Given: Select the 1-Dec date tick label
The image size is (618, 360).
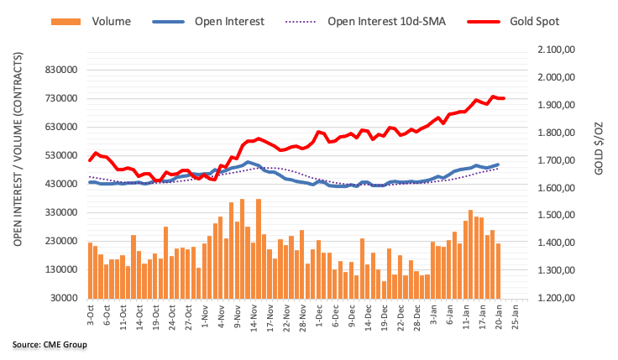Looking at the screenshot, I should click(x=319, y=316).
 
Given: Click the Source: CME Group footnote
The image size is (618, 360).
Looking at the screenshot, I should click(x=50, y=344).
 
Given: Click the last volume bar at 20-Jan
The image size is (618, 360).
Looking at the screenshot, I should click(x=498, y=270).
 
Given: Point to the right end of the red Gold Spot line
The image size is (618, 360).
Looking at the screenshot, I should click(x=503, y=98).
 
